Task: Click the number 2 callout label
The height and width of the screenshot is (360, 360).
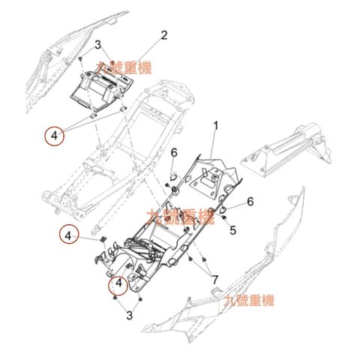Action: [164, 34]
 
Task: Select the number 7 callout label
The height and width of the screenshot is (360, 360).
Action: [215, 280]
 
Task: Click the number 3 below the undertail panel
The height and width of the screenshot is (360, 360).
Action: [129, 315]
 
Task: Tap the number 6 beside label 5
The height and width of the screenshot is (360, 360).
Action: [250, 201]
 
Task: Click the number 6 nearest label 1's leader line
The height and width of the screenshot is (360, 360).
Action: [173, 153]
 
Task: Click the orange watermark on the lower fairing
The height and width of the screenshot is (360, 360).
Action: [250, 301]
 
